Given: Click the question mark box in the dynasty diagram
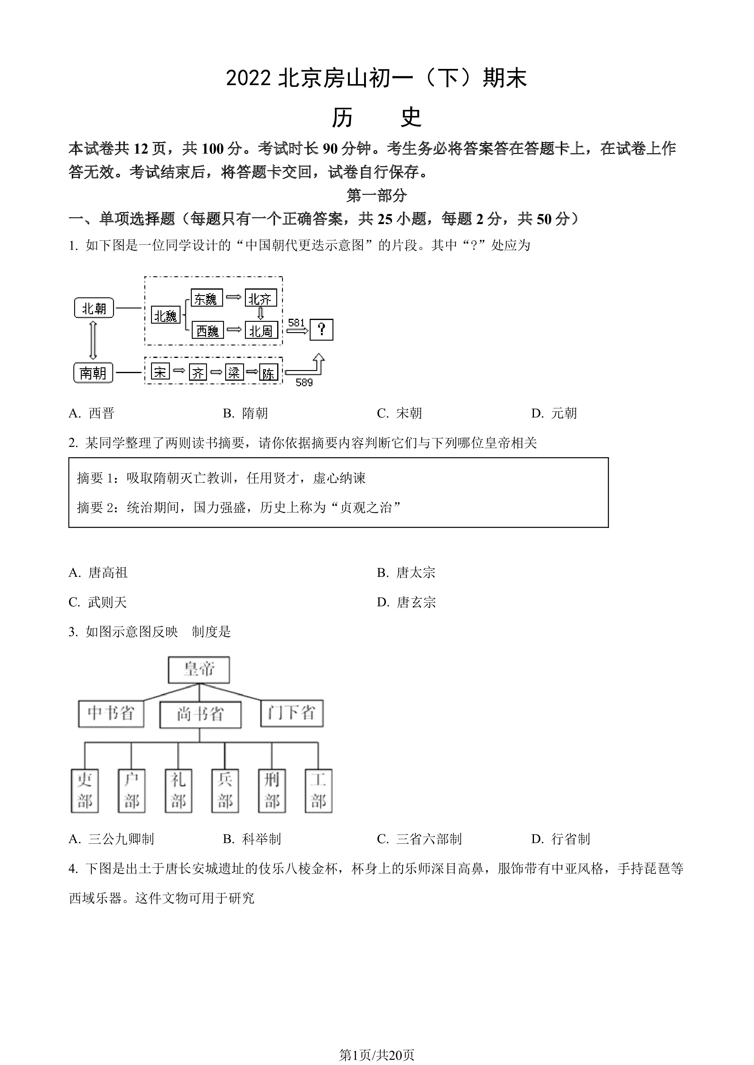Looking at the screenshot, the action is coord(321,330).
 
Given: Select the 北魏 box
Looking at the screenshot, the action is coord(166,316).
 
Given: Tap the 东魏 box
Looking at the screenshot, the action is coord(207,298).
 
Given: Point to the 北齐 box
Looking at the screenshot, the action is coord(261,298).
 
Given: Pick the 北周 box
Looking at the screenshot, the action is coord(261,330).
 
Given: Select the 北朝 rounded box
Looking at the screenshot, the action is coord(94,308).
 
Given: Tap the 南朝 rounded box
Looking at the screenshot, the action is coord(93,373).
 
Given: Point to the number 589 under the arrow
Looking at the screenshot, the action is coord(304,383).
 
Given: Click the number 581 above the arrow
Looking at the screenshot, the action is coord(297,322).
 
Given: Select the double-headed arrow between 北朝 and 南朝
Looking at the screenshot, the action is coord(93,340).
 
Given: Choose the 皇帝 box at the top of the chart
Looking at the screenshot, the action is coord(199,670).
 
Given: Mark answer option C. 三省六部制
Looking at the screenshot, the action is coord(419,839).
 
